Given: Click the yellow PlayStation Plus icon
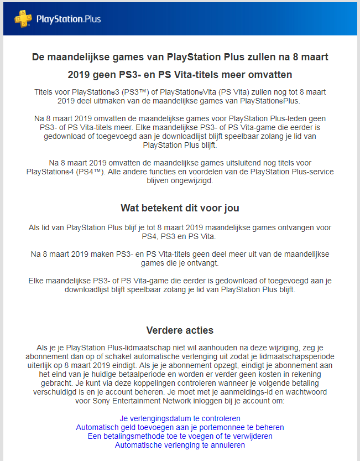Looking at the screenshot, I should [22, 19].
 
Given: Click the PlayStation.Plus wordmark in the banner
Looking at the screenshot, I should [69, 19].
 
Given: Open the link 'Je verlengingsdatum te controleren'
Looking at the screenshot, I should [180, 418].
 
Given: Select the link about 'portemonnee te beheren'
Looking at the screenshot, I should [180, 427].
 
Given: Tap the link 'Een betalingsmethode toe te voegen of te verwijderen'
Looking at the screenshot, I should [180, 436].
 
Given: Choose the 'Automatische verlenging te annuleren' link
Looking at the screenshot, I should [180, 445].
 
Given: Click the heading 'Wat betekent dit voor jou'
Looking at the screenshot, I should [180, 208].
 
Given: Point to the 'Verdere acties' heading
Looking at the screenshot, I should [180, 330].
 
